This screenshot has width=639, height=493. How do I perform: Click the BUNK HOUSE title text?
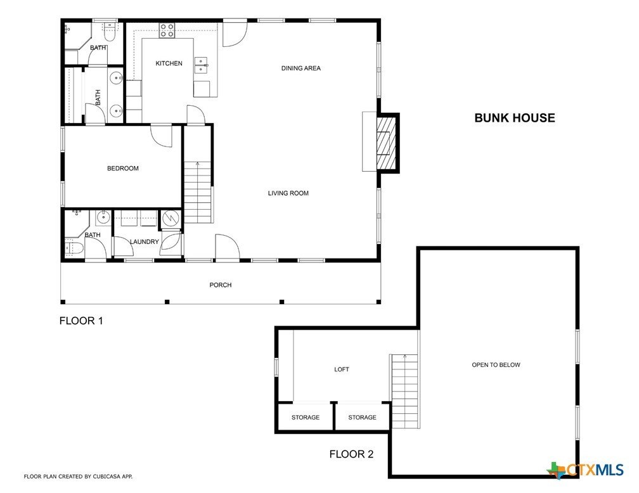[x=514, y=118]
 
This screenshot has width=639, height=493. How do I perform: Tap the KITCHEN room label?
[x=169, y=63]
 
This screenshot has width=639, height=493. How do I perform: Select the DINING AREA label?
[x=301, y=68]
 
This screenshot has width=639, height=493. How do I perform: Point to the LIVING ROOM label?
[x=288, y=193]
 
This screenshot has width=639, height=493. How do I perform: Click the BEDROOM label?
[x=122, y=169]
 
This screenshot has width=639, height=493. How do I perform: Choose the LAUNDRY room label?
[x=145, y=242]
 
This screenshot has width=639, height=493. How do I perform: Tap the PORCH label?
[x=221, y=285]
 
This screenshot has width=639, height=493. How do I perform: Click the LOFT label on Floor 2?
[x=342, y=369]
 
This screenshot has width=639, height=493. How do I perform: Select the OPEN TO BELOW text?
[x=496, y=365]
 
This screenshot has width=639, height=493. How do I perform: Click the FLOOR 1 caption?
[x=81, y=321]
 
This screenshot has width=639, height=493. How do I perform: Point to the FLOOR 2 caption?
[x=351, y=454]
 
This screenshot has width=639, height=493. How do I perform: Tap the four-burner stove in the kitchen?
[x=167, y=30]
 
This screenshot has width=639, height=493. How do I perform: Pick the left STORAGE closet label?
[x=306, y=418]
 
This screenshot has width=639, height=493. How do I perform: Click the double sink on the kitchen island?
[x=202, y=65]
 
